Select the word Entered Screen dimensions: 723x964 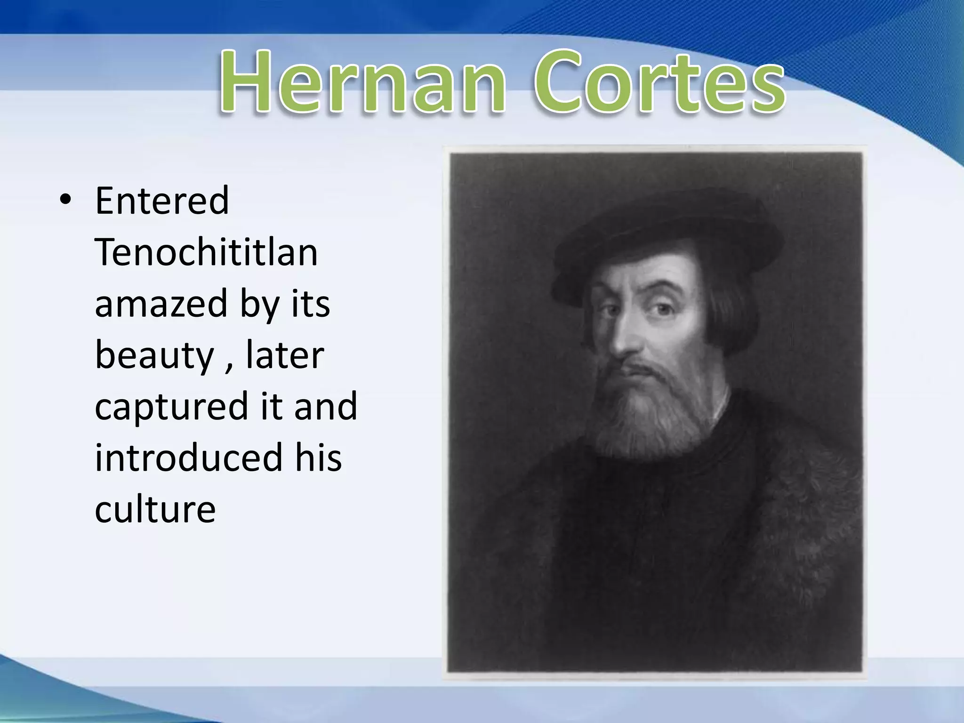(x=162, y=201)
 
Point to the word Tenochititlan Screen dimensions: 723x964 (x=206, y=252)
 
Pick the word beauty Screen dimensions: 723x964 (x=154, y=355)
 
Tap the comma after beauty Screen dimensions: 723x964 (x=229, y=365)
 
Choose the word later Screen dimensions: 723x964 (x=285, y=355)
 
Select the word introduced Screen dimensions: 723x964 (x=188, y=458)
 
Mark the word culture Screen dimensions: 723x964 (x=155, y=509)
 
